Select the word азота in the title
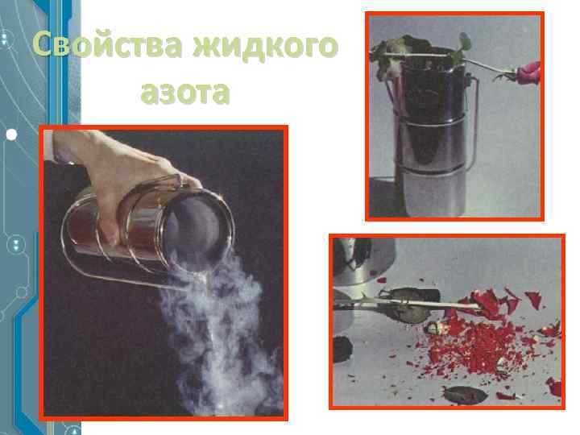[x=184, y=93]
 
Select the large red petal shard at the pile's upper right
[x=532, y=300]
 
